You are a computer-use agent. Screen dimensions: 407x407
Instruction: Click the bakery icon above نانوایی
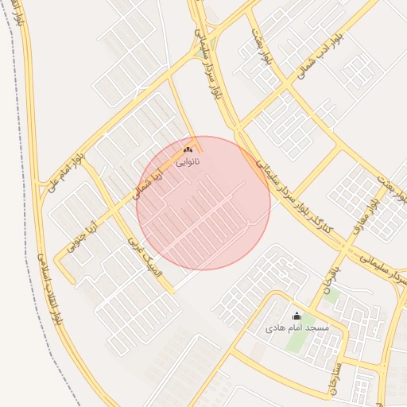coord(188,149)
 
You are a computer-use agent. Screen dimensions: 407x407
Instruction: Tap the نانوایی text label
coord(188,161)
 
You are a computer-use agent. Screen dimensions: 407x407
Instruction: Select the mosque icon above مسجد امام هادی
coord(297,316)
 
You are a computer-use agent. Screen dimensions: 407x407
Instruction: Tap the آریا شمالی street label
coord(146,183)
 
